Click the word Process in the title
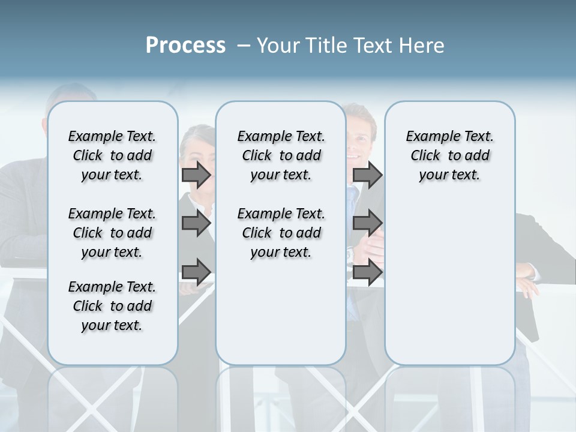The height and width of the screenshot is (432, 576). [x=185, y=46]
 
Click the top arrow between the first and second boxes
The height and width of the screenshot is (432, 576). [x=196, y=175]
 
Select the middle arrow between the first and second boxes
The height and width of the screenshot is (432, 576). [x=196, y=223]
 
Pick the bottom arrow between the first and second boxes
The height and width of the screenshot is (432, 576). [x=196, y=272]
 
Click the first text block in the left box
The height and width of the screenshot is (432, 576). [x=112, y=155]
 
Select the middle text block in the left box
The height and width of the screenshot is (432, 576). [x=112, y=233]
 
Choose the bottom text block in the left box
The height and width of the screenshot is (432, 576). [x=112, y=306]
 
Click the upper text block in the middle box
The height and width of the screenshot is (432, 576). [x=281, y=155]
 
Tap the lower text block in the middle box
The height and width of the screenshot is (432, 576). [x=281, y=233]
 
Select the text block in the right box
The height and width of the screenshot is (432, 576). [x=449, y=155]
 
